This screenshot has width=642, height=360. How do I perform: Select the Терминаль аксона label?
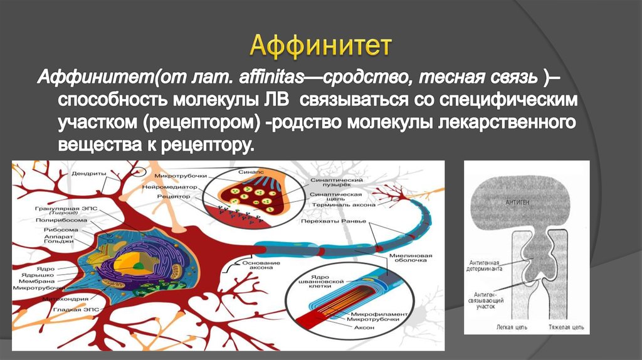coord(343,205)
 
